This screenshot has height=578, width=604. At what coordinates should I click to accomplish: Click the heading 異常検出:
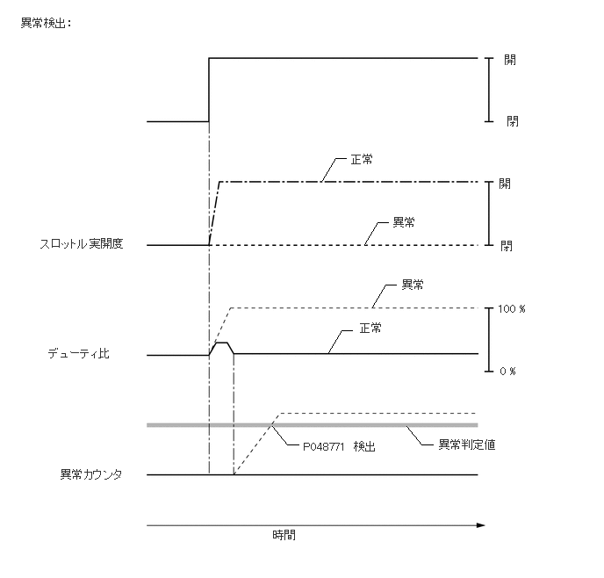(45, 23)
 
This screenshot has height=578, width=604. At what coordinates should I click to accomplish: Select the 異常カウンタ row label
(90, 475)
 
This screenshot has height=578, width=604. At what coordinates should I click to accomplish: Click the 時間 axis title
(284, 534)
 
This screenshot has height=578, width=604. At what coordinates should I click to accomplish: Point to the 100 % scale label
(510, 310)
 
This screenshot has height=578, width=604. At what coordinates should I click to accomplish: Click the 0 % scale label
(507, 372)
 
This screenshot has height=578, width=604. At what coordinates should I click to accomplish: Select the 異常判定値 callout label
(467, 444)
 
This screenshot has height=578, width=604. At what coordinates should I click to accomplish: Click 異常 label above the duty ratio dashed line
(413, 285)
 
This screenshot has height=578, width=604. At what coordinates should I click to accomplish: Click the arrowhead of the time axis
(480, 525)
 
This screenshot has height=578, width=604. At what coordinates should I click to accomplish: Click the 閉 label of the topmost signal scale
(512, 121)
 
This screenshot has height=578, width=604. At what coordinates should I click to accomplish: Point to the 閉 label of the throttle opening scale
(507, 246)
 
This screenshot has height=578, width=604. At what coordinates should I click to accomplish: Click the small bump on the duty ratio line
(221, 344)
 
